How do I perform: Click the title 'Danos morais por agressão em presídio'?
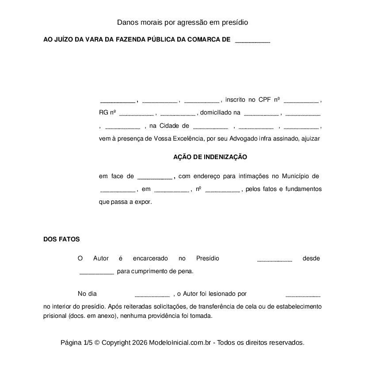(183, 22)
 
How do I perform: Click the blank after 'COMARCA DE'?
(252, 40)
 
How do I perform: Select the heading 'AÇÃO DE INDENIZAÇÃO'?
(210, 157)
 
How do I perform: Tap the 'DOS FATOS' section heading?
(61, 239)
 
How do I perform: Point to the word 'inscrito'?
(235, 100)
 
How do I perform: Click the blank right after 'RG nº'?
(136, 114)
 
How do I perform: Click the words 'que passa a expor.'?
(126, 202)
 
